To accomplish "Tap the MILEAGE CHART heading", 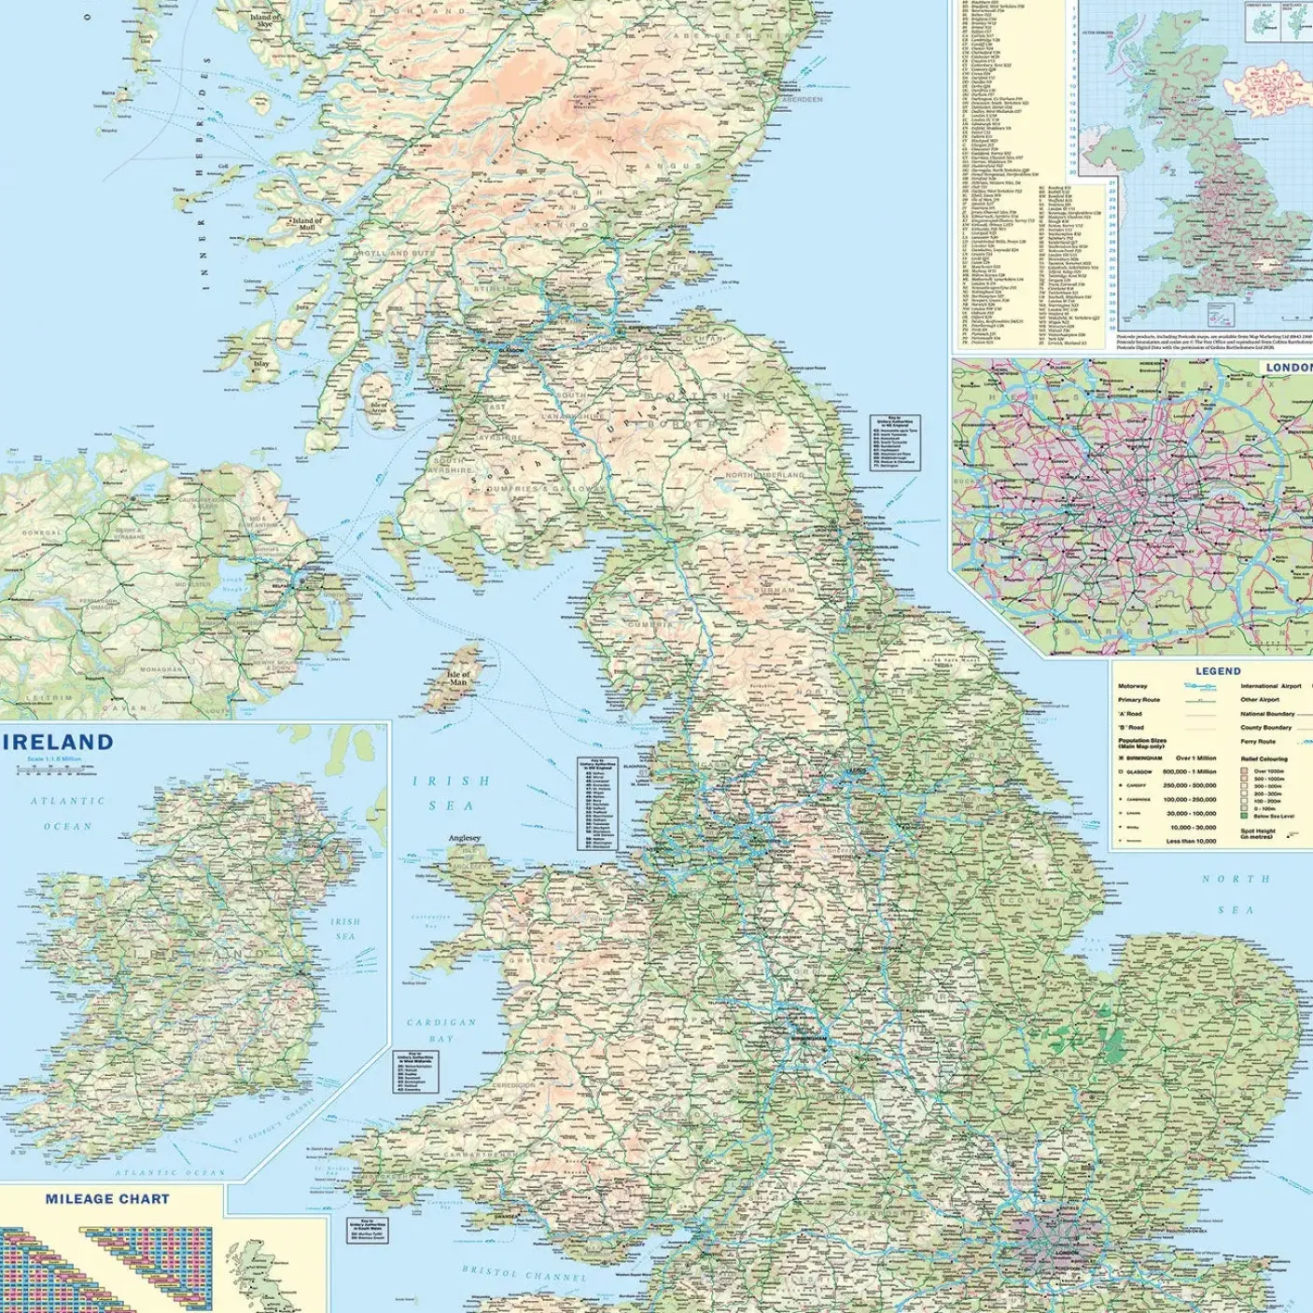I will pyautogui.click(x=107, y=1198).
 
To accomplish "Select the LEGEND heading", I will pyautogui.click(x=1218, y=671).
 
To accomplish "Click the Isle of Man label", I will pyautogui.click(x=458, y=678).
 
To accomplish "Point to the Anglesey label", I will pyautogui.click(x=464, y=838).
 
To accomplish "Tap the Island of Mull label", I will pyautogui.click(x=307, y=224).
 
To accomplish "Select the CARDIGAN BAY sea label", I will pyautogui.click(x=441, y=1030).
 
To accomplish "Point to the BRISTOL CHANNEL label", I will pyautogui.click(x=524, y=1274).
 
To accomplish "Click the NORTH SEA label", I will pyautogui.click(x=1236, y=894).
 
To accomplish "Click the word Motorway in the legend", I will pyautogui.click(x=1133, y=686).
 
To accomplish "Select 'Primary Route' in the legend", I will pyautogui.click(x=1138, y=700).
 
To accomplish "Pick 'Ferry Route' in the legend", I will pyautogui.click(x=1257, y=742).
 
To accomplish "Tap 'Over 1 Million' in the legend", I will pyautogui.click(x=1195, y=758).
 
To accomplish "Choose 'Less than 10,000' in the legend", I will pyautogui.click(x=1192, y=841).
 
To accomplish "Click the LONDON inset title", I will pyautogui.click(x=1288, y=368).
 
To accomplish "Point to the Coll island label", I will pyautogui.click(x=223, y=167).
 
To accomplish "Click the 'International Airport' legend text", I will pyautogui.click(x=1270, y=686).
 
